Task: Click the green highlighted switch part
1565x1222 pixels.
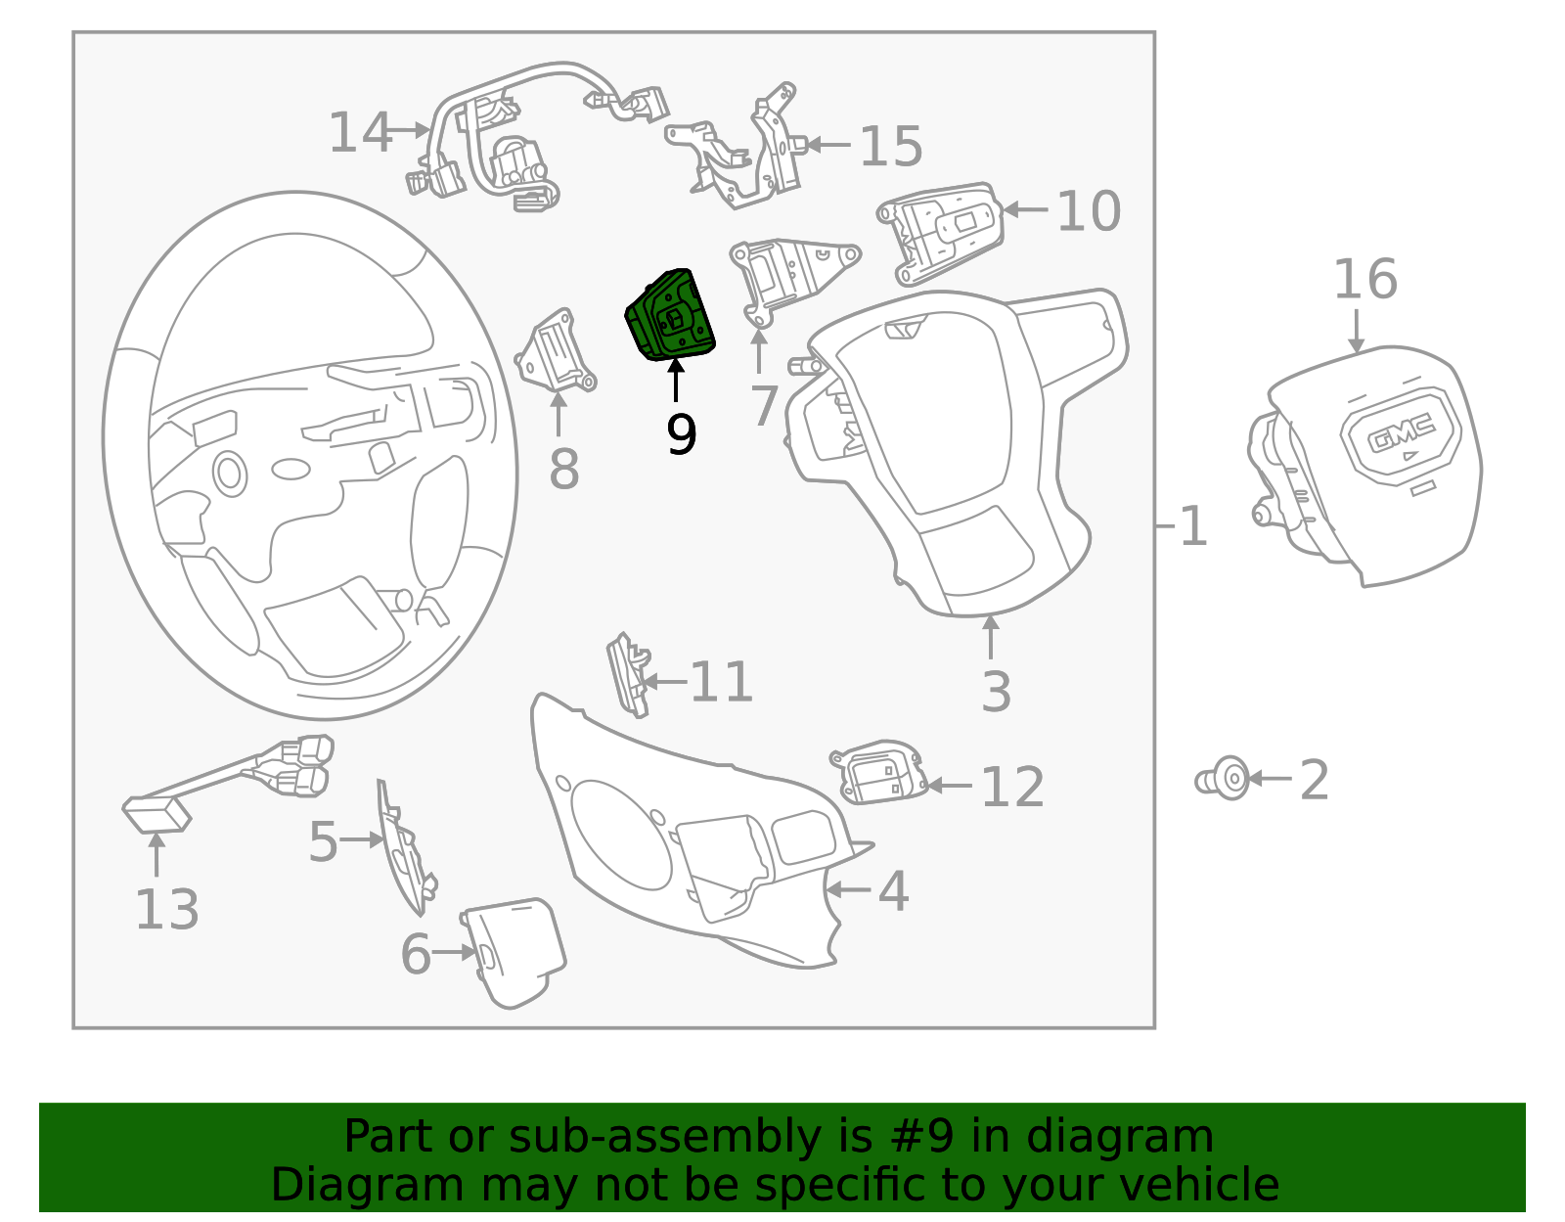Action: tap(672, 315)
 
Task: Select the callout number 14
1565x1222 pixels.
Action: tap(359, 133)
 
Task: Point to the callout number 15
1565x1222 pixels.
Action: tap(890, 147)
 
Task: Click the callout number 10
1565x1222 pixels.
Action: tap(1088, 211)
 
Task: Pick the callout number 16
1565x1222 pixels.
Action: tap(1364, 280)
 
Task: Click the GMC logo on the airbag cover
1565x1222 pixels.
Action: tap(1401, 432)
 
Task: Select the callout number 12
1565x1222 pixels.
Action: tap(1012, 787)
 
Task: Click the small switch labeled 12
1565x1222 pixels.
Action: tap(880, 773)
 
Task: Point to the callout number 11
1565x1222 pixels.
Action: tap(721, 682)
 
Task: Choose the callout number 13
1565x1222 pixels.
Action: tap(166, 910)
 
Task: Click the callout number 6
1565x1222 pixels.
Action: tap(416, 955)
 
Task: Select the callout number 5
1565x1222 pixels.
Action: tap(323, 841)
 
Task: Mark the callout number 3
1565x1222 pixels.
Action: tap(996, 692)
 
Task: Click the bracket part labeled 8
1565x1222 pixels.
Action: tap(555, 352)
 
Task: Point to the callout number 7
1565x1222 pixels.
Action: tap(764, 406)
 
